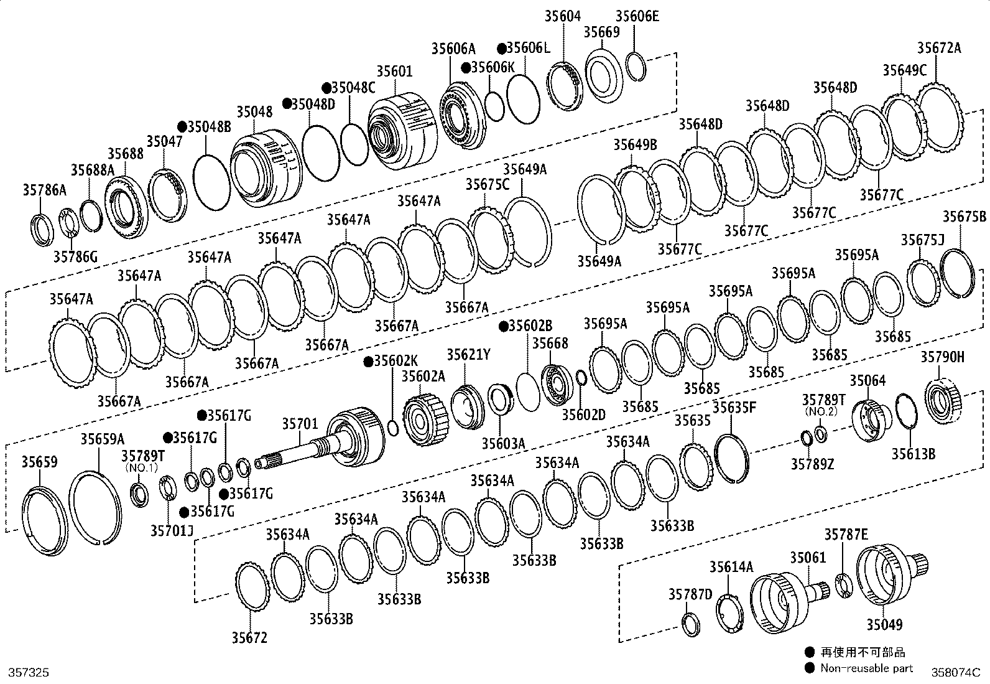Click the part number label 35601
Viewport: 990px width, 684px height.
click(x=394, y=71)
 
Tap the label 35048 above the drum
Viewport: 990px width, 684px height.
click(x=254, y=112)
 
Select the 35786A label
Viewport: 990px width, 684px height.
click(x=44, y=190)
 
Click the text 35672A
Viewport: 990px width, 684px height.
click(x=939, y=48)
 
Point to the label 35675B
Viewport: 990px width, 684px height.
click(x=964, y=217)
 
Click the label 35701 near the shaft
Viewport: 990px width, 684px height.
click(x=300, y=424)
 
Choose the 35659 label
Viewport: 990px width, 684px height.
click(x=40, y=461)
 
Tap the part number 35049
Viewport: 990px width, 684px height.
click(x=884, y=624)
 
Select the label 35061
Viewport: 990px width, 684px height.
click(x=808, y=557)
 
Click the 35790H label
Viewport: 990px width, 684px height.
click(x=943, y=357)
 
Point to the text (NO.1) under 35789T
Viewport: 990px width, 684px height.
click(x=141, y=467)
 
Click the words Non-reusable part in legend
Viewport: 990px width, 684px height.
click(x=867, y=668)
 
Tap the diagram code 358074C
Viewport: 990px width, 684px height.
click(x=955, y=673)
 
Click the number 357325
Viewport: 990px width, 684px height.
click(x=27, y=673)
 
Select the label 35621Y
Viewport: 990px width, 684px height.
click(x=468, y=355)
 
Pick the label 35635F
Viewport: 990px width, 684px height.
click(x=734, y=408)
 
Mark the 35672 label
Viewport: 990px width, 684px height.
click(x=249, y=637)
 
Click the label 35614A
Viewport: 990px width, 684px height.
click(x=731, y=566)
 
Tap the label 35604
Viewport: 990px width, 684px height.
click(x=563, y=17)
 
